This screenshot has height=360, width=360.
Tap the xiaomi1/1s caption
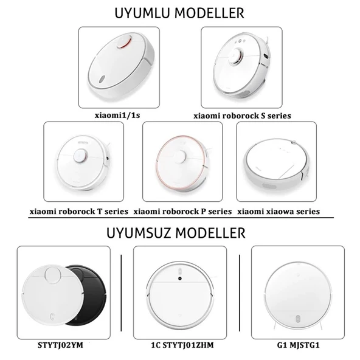point(122,114)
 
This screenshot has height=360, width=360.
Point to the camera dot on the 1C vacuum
point(180,279)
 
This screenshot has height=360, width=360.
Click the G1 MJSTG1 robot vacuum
point(299,291)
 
